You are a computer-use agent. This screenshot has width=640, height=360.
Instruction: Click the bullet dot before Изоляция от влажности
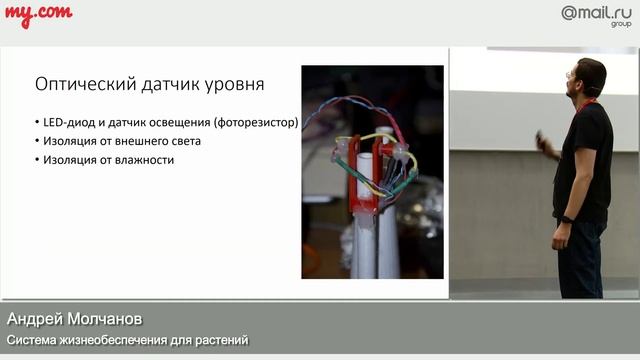pyautogui.click(x=37, y=160)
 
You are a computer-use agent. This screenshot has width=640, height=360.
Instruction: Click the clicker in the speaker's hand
pyautogui.click(x=541, y=135)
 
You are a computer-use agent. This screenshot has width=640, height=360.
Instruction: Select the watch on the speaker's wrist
pyautogui.click(x=567, y=219)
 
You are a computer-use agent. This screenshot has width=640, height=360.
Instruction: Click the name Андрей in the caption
pyautogui.click(x=36, y=319)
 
